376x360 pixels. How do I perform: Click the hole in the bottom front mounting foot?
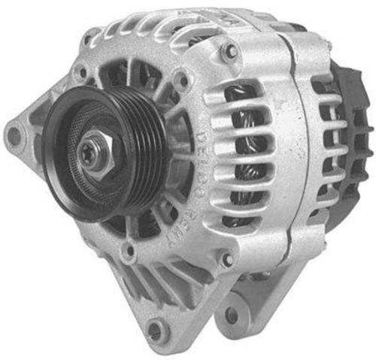pos(155,329)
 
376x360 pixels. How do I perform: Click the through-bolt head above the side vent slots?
pos(230,52)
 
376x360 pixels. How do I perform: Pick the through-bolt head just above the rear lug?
pos(226,260)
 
